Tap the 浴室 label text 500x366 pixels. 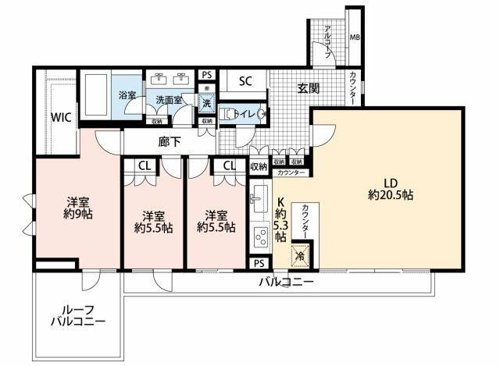coord(127,94)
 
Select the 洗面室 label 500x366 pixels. coord(169,101)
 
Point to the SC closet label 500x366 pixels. coord(245,81)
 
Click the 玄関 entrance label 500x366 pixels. coord(307,89)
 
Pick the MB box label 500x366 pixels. coord(354,37)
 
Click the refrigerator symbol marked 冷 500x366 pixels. coord(300,255)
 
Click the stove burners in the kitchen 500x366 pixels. coord(260,236)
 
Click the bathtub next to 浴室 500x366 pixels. coord(97,97)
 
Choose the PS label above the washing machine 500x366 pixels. coord(206,75)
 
